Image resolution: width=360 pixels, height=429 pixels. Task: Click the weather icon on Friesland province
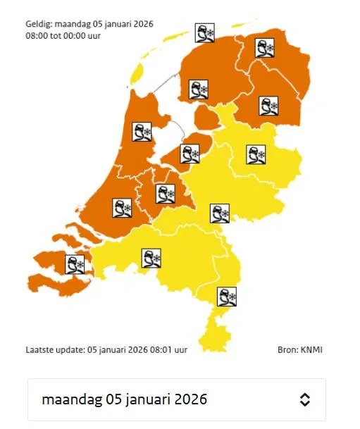[x=199, y=89]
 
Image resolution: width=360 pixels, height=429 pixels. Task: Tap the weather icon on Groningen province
[x=264, y=49]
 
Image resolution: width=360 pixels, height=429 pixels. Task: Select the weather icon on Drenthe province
[x=268, y=106]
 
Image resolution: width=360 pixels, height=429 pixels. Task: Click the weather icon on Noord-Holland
[x=142, y=132]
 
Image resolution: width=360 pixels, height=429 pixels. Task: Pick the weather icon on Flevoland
[x=190, y=154]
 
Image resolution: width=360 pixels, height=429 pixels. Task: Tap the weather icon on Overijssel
[x=256, y=154]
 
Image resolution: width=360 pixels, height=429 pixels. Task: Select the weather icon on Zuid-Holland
[x=122, y=208]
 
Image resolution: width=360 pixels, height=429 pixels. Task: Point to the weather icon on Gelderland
[x=221, y=213]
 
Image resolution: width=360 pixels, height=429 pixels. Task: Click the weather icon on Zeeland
[x=75, y=265]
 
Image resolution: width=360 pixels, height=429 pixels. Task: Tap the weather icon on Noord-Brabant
[x=151, y=259]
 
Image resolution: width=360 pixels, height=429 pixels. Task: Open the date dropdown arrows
[x=304, y=399]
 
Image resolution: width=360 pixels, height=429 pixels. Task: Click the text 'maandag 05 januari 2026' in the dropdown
[x=125, y=399]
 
